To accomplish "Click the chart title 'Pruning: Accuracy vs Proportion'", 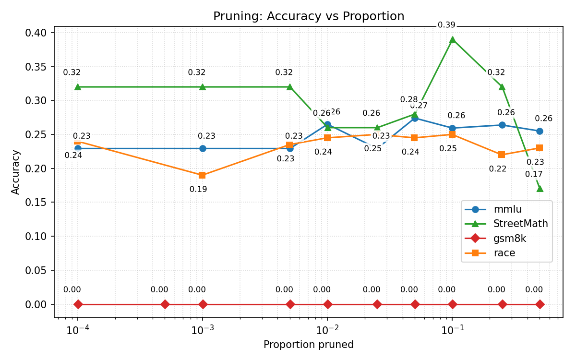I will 309,16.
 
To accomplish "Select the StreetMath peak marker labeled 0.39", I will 452,39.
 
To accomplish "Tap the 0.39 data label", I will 446,25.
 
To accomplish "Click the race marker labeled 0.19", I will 203,175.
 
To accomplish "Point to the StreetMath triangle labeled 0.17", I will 540,189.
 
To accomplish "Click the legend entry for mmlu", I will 507,209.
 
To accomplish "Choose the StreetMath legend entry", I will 520,224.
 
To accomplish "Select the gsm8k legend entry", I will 510,239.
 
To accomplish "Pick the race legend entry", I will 504,253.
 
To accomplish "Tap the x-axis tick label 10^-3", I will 203,330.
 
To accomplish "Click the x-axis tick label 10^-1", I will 452,330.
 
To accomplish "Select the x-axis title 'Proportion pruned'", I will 308,345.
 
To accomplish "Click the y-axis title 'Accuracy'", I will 16,172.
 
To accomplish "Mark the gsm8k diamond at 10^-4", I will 78,304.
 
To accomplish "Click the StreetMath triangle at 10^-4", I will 78,87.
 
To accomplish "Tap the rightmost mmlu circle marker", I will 540,131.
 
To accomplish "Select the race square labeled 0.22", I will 502,155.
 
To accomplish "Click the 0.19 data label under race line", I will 198,189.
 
